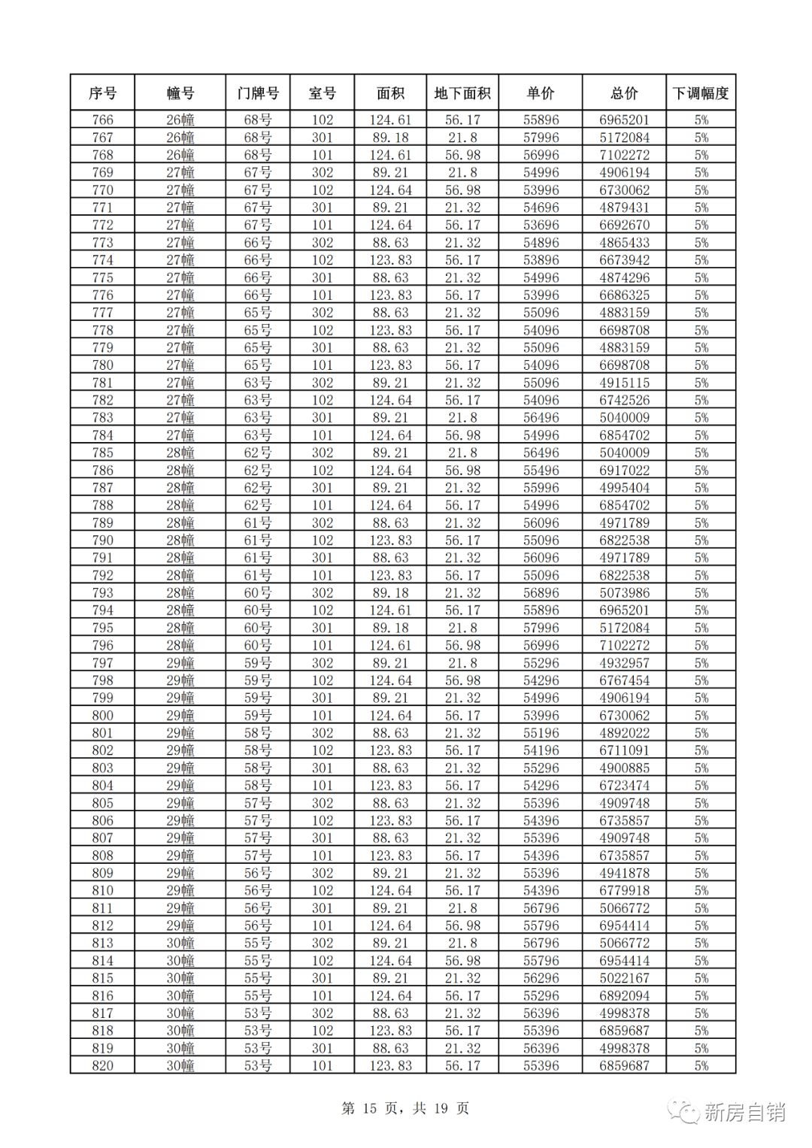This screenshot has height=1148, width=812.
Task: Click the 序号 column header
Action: point(102,93)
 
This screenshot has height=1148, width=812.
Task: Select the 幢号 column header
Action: point(180,93)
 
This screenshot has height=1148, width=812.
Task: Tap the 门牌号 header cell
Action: point(258,93)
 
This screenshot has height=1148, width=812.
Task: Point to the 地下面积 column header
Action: point(462,93)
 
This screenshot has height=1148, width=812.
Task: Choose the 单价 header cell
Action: point(541,93)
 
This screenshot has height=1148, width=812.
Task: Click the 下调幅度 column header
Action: point(701,93)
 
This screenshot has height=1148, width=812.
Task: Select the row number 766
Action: point(102,120)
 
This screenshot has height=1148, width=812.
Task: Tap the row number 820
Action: point(102,1065)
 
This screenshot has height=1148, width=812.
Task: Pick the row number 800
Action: point(102,715)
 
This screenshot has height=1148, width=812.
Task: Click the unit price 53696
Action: point(541,225)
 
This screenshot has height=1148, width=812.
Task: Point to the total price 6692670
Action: point(624,225)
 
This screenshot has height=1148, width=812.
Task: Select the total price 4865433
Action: point(624,242)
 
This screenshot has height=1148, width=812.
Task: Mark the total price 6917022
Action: point(624,470)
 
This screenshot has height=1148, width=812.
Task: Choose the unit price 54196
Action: point(541,750)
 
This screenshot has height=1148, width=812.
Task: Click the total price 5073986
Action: point(624,592)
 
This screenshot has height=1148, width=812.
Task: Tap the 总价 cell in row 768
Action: point(624,155)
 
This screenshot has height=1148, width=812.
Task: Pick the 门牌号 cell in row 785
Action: point(258,453)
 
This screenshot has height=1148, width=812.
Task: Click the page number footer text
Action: point(405,1108)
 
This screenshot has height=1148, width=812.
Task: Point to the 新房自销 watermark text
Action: point(744,1112)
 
